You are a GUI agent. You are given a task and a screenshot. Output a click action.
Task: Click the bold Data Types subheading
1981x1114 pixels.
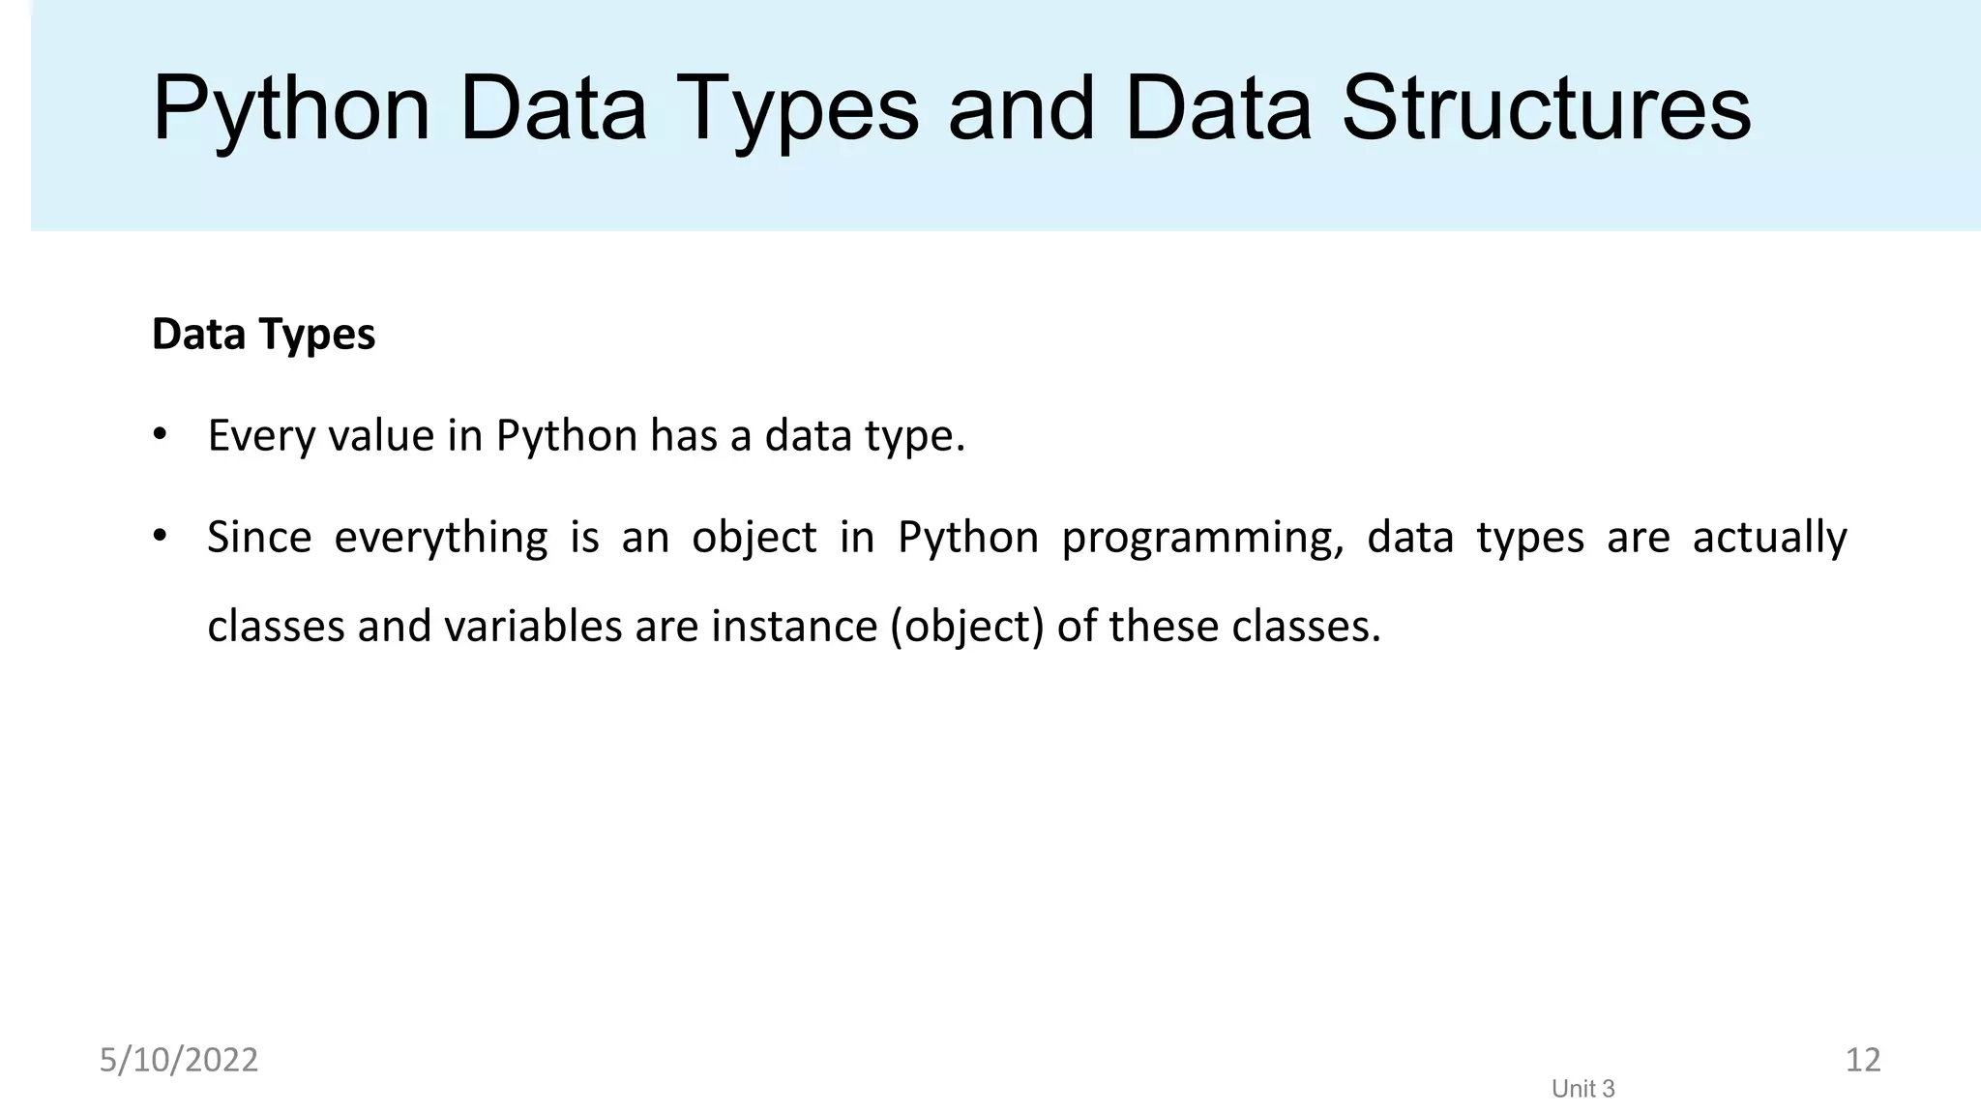pyautogui.click(x=263, y=335)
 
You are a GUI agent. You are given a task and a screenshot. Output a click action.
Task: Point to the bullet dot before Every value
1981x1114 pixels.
pyautogui.click(x=161, y=433)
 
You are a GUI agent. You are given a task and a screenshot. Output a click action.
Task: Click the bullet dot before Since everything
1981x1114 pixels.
pyautogui.click(x=161, y=535)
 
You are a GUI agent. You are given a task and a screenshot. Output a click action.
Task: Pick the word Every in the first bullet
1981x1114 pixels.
pyautogui.click(x=260, y=436)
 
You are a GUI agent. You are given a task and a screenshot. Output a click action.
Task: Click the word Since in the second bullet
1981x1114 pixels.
pyautogui.click(x=259, y=537)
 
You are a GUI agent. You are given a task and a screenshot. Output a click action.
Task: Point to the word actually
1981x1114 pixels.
pyautogui.click(x=1769, y=539)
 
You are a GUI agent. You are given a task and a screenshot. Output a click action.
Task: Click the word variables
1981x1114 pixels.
pyautogui.click(x=532, y=627)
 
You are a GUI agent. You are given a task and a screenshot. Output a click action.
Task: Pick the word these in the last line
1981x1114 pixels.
pyautogui.click(x=1164, y=627)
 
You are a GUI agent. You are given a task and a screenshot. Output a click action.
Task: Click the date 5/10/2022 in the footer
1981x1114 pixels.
pyautogui.click(x=179, y=1060)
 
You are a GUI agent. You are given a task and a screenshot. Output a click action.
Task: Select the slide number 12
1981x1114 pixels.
pyautogui.click(x=1862, y=1060)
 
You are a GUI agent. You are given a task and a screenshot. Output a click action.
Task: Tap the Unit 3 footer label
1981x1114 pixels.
pyautogui.click(x=1582, y=1089)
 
